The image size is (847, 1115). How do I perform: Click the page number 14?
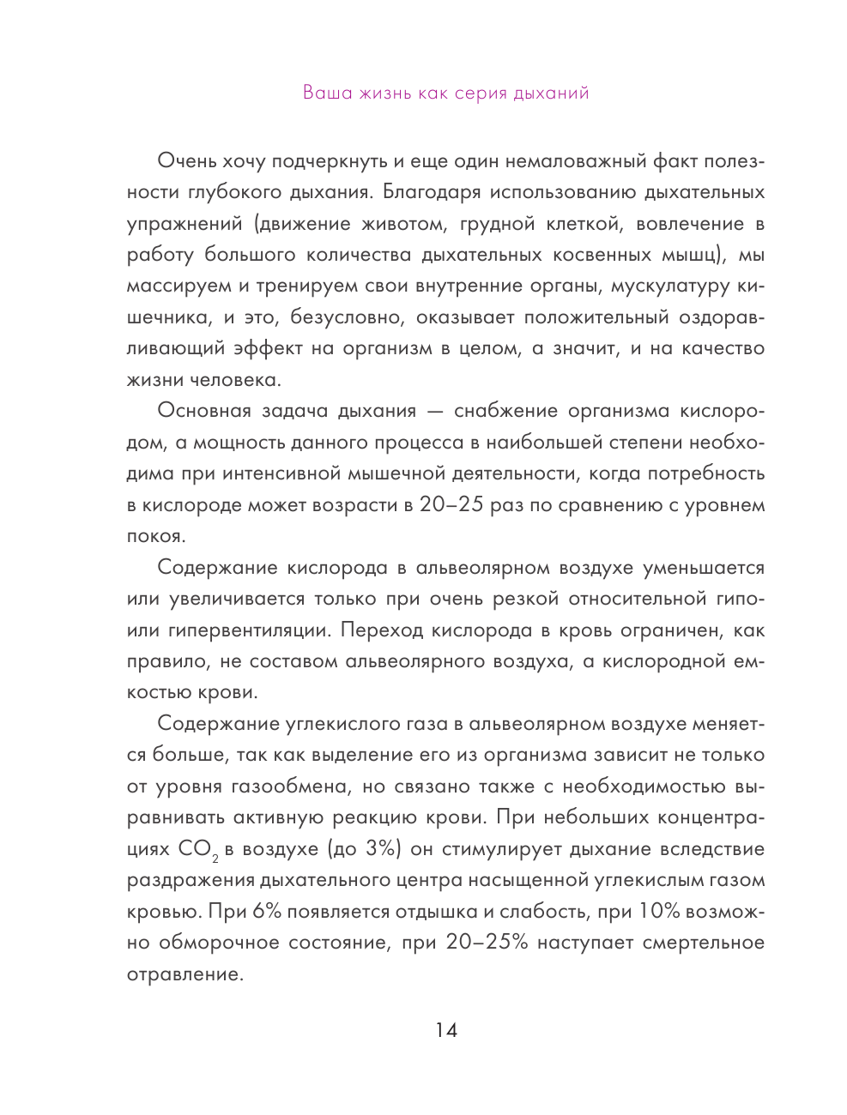[446, 1030]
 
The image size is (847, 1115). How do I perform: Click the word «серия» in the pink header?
[481, 93]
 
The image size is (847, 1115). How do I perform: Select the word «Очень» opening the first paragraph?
[187, 161]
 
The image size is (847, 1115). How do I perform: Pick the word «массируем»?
[179, 286]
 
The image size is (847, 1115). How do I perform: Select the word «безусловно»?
[347, 317]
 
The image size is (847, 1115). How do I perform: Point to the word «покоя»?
[155, 536]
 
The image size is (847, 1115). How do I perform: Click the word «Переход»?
[383, 630]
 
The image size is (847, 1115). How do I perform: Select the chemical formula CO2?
[198, 850]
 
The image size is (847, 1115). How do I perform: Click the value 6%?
[267, 912]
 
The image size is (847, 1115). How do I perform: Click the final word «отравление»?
[185, 974]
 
